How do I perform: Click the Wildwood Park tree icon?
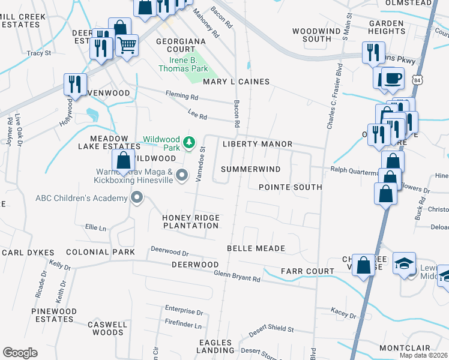189,142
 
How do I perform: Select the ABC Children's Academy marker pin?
137,197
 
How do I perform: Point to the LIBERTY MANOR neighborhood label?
257,144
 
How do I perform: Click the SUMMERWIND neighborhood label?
251,169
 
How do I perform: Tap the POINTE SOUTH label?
290,187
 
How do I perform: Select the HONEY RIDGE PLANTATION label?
191,221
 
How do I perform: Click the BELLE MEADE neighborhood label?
256,248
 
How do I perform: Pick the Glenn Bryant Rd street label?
238,276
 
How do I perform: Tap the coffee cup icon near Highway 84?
393,79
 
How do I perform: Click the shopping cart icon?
127,44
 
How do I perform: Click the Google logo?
20,352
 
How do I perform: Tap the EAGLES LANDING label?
215,346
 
